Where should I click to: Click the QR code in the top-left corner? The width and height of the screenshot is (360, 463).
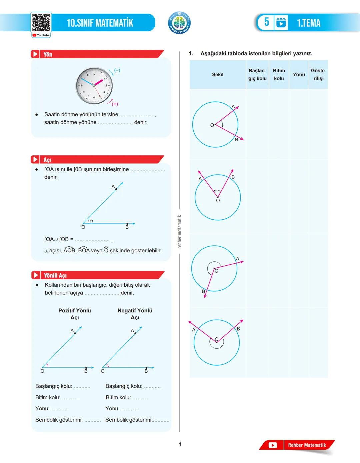click(41, 23)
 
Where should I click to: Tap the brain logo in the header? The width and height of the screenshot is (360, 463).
click(179, 23)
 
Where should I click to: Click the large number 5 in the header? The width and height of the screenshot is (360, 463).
click(266, 22)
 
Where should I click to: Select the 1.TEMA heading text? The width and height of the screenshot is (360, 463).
click(309, 23)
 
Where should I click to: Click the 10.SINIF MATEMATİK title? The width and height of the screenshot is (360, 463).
click(100, 23)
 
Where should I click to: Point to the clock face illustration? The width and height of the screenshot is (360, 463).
click(94, 85)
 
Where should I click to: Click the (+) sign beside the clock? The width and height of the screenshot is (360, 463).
click(115, 104)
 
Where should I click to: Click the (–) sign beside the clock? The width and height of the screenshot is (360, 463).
click(117, 70)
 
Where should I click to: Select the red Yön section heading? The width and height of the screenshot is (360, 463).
click(48, 54)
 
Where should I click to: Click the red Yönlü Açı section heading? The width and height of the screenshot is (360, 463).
click(55, 275)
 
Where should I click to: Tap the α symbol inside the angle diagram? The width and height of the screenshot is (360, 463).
click(92, 221)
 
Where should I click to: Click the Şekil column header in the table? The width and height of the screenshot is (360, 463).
click(218, 75)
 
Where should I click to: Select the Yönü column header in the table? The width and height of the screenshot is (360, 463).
click(299, 75)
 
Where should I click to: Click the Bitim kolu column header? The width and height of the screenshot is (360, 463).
click(279, 75)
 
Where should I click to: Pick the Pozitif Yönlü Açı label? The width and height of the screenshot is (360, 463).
click(75, 314)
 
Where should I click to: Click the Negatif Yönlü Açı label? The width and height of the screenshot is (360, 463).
click(135, 314)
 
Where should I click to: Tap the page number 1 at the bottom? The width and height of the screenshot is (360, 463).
click(180, 444)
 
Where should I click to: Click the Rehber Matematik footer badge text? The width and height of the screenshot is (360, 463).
click(307, 445)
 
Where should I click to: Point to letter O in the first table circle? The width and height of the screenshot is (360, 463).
click(212, 125)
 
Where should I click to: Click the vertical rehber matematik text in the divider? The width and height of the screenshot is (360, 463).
click(180, 232)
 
